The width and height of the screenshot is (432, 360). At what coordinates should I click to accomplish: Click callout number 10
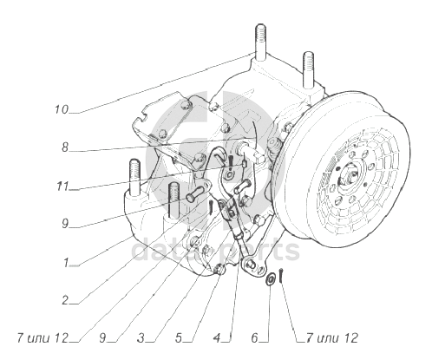pos(62,109)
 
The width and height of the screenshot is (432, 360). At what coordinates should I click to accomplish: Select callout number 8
pos(65,147)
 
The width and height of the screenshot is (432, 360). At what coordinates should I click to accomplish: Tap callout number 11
pos(62,187)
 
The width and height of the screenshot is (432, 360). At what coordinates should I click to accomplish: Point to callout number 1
pos(66,263)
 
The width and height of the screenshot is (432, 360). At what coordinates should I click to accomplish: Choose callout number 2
pos(65,300)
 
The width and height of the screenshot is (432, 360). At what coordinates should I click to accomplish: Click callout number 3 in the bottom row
pos(141,337)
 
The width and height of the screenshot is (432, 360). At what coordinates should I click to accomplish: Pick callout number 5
pos(179,337)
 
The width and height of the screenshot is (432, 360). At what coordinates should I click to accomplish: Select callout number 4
pos(217,337)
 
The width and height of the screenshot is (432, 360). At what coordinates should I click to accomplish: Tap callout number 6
pos(254,337)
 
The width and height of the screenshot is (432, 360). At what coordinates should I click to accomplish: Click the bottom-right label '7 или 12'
pos(332,337)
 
